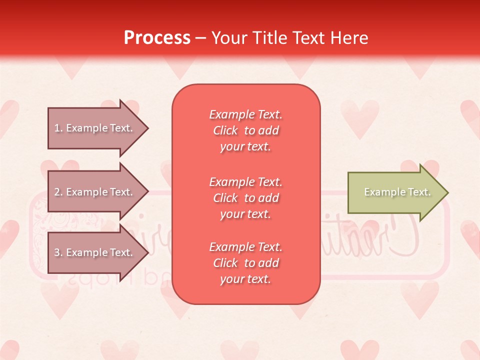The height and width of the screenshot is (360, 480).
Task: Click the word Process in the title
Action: (157, 38)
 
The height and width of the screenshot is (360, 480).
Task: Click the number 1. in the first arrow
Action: (58, 128)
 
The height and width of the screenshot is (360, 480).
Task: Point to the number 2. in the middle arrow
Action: (58, 192)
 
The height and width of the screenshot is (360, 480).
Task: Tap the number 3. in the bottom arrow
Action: (58, 252)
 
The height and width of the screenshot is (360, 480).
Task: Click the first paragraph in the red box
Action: (246, 130)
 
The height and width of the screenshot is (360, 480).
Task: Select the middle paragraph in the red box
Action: (246, 198)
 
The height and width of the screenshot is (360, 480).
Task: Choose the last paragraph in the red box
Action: (246, 263)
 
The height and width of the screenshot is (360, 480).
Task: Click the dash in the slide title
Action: (201, 38)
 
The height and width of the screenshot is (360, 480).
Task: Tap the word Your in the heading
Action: (228, 38)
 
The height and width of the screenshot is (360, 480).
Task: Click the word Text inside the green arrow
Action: (419, 192)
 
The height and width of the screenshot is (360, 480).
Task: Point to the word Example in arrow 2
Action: (86, 192)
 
